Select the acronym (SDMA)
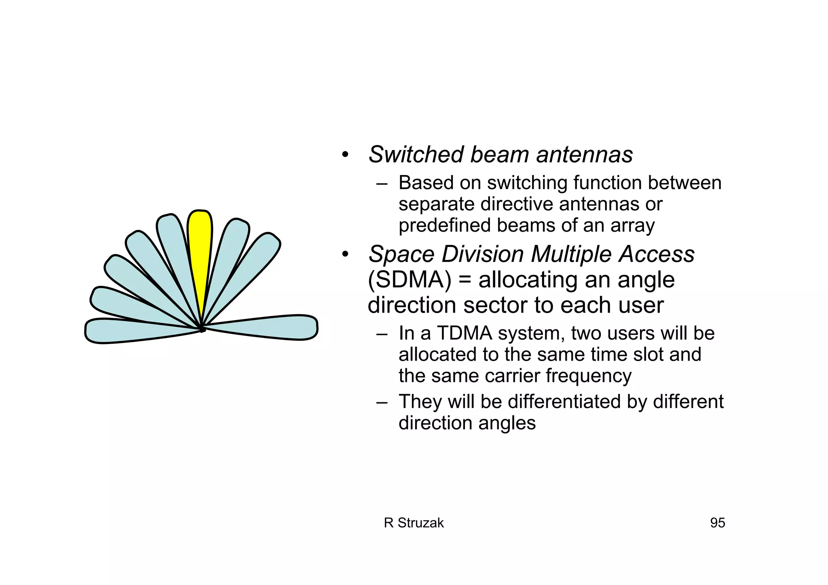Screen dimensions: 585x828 pyautogui.click(x=409, y=280)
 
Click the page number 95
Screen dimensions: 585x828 pyautogui.click(x=717, y=523)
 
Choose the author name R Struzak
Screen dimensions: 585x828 pyautogui.click(x=414, y=523)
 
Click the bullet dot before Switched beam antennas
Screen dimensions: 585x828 pyautogui.click(x=344, y=155)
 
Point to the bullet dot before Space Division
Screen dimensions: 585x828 pyautogui.click(x=344, y=255)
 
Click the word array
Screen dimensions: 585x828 pyautogui.click(x=632, y=225)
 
